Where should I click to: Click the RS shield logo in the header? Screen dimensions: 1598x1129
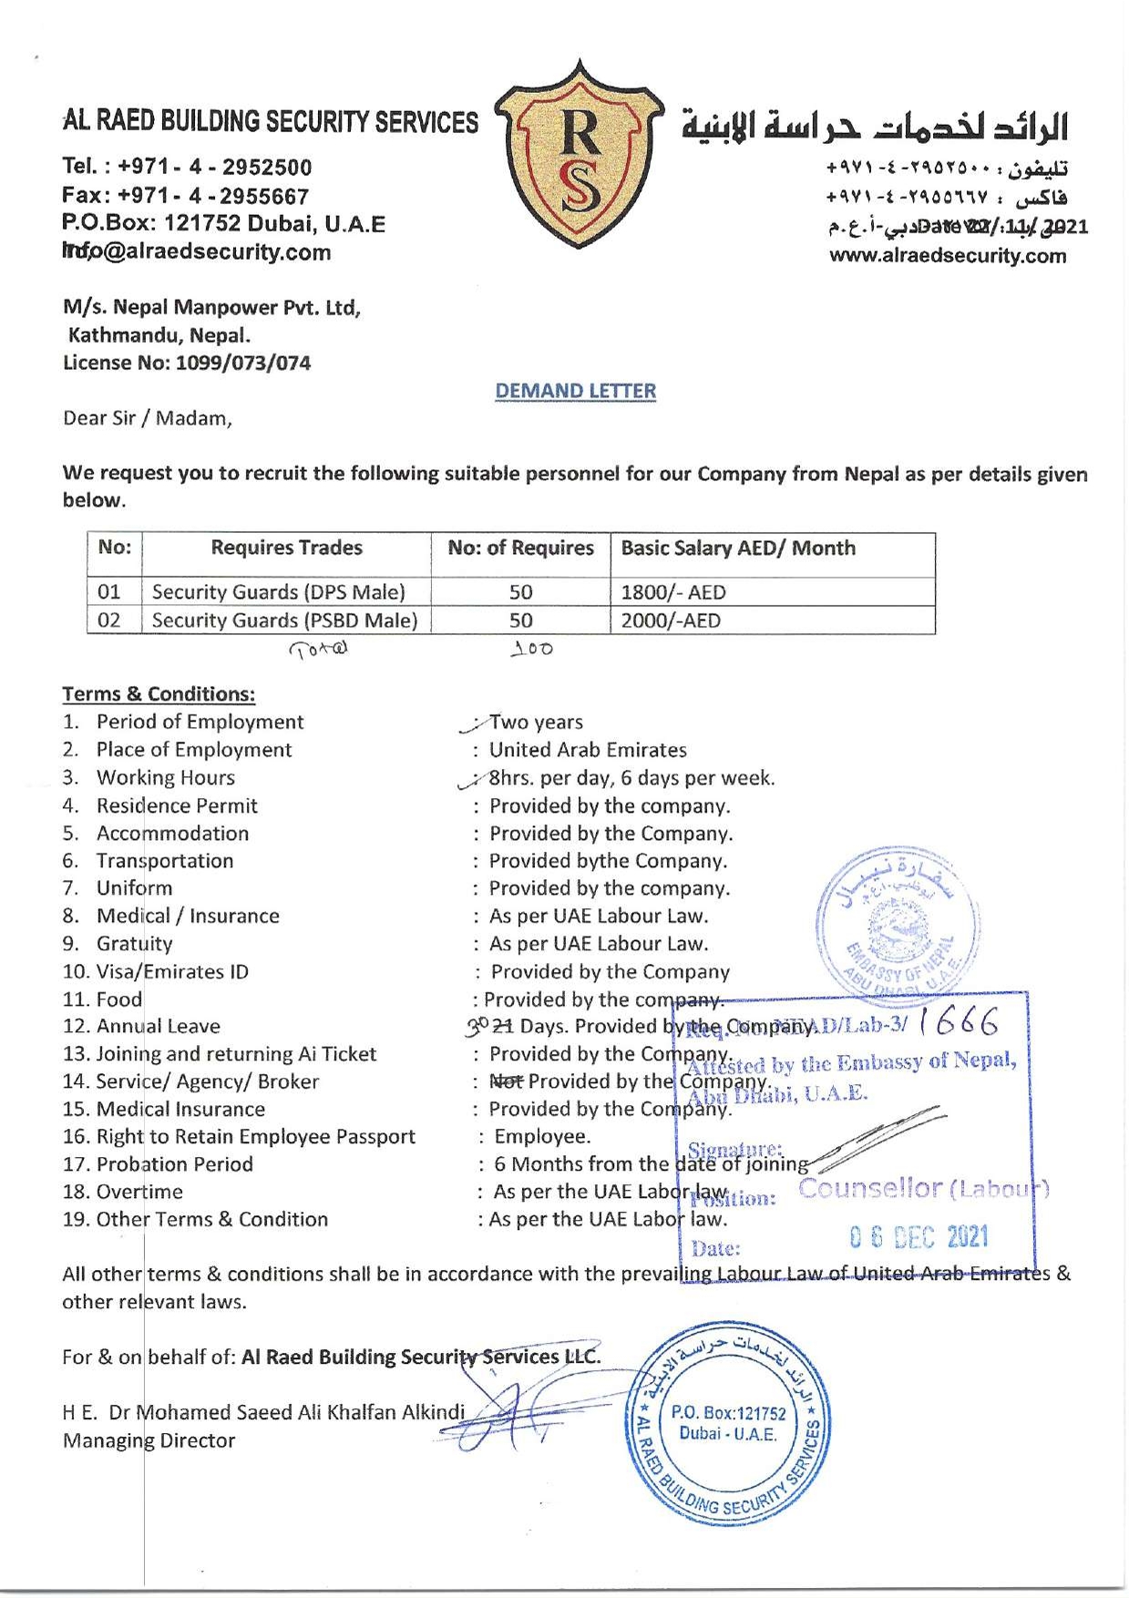576,155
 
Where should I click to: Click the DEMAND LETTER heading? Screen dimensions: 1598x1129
575,391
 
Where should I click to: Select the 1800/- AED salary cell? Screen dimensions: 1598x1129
673,592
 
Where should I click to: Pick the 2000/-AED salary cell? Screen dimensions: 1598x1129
671,621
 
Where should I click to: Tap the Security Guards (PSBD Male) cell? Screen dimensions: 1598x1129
284,621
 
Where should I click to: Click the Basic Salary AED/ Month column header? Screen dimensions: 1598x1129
738,548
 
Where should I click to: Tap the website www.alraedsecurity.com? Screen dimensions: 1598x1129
948,256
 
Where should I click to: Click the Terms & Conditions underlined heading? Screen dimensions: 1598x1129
159,694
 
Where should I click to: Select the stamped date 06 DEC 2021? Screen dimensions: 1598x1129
919,1237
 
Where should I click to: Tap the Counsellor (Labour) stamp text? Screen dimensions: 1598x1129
924,1189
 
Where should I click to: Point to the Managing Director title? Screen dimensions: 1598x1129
149,1440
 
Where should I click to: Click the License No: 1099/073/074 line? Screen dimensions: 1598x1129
187,363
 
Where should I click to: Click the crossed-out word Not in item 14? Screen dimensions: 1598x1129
508,1081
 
